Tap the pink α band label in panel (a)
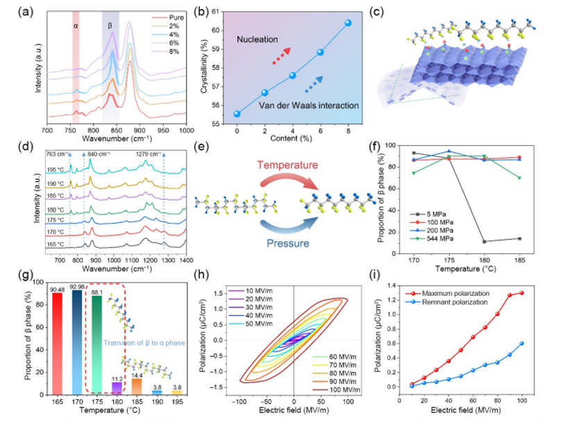76,26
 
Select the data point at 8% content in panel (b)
348,23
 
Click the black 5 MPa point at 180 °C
484,242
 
